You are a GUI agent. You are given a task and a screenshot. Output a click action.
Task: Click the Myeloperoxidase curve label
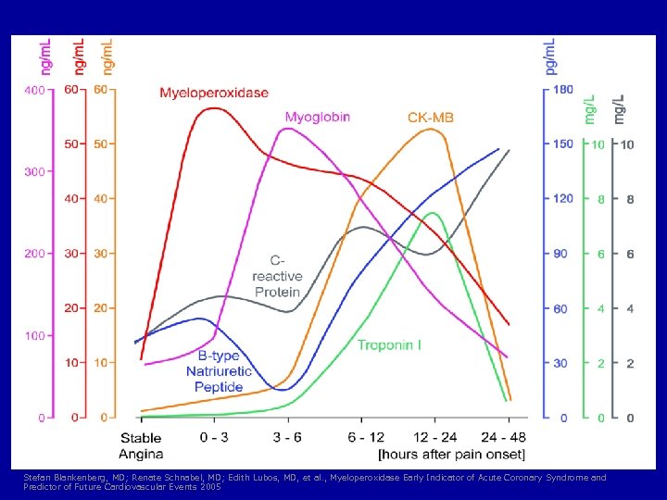click(x=214, y=93)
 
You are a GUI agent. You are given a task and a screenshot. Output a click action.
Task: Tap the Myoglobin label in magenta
click(x=317, y=118)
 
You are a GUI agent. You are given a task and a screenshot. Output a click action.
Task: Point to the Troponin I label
click(x=389, y=345)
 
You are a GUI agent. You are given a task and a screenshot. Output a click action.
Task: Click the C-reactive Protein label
click(x=277, y=277)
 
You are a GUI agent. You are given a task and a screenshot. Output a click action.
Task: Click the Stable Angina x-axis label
click(x=141, y=445)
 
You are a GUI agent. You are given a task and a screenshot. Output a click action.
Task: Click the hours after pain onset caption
click(x=451, y=454)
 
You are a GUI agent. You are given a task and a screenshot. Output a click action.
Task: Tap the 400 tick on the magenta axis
click(x=33, y=91)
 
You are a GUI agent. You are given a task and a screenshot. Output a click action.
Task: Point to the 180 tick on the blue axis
click(x=562, y=90)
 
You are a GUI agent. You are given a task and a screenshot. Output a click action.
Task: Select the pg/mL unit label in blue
click(x=550, y=56)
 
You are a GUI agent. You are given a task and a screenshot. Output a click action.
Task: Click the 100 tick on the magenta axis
click(x=33, y=335)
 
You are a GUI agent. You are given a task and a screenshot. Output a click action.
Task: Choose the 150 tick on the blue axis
click(x=562, y=144)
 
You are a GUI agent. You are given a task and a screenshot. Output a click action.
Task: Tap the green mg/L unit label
click(x=590, y=109)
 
